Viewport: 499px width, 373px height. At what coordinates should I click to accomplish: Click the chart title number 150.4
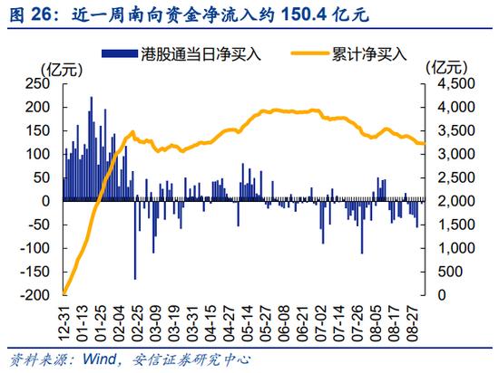304,14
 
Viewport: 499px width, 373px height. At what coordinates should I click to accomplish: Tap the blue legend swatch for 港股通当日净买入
120,53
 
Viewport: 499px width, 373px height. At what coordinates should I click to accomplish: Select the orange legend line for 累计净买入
309,53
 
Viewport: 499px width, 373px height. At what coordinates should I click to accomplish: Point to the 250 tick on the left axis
37,83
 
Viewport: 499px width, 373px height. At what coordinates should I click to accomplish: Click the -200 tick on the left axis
35,295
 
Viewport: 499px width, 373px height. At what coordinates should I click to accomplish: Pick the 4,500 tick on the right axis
456,83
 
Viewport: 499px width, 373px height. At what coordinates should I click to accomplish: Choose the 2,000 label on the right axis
456,201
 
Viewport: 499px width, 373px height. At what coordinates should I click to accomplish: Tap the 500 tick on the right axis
450,272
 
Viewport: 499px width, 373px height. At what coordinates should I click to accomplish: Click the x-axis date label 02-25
138,323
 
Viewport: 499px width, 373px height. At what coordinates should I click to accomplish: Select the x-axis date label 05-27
266,323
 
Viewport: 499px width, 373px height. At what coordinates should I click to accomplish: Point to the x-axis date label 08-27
412,323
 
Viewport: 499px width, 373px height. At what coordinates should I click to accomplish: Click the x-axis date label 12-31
64,323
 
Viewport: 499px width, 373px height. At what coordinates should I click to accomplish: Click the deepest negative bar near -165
135,240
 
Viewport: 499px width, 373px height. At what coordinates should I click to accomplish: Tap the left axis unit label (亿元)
62,69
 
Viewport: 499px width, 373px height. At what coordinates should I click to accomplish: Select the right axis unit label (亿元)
446,68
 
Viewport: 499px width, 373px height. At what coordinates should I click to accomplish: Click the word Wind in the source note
99,359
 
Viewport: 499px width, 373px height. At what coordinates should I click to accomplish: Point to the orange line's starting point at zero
64,293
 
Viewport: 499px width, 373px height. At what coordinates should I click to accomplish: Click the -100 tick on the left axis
35,248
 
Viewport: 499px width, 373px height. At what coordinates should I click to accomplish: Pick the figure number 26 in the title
41,14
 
